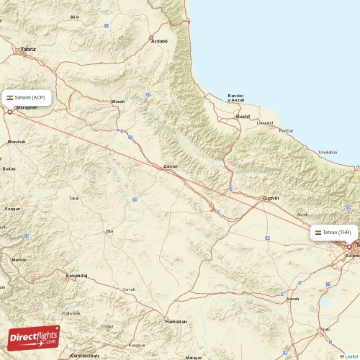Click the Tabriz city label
tap(28, 49)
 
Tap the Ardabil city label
tap(159, 41)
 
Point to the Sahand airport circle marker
tap(9, 111)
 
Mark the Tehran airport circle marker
tap(350, 246)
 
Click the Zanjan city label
tap(171, 166)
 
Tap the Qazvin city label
tap(271, 197)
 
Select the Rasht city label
tap(243, 116)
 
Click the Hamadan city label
tap(176, 321)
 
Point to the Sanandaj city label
tap(76, 276)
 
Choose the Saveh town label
tap(292, 298)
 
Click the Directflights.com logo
tap(34, 337)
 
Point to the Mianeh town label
tap(117, 102)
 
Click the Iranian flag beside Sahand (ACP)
tap(10, 97)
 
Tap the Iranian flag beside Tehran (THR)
tap(318, 233)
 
